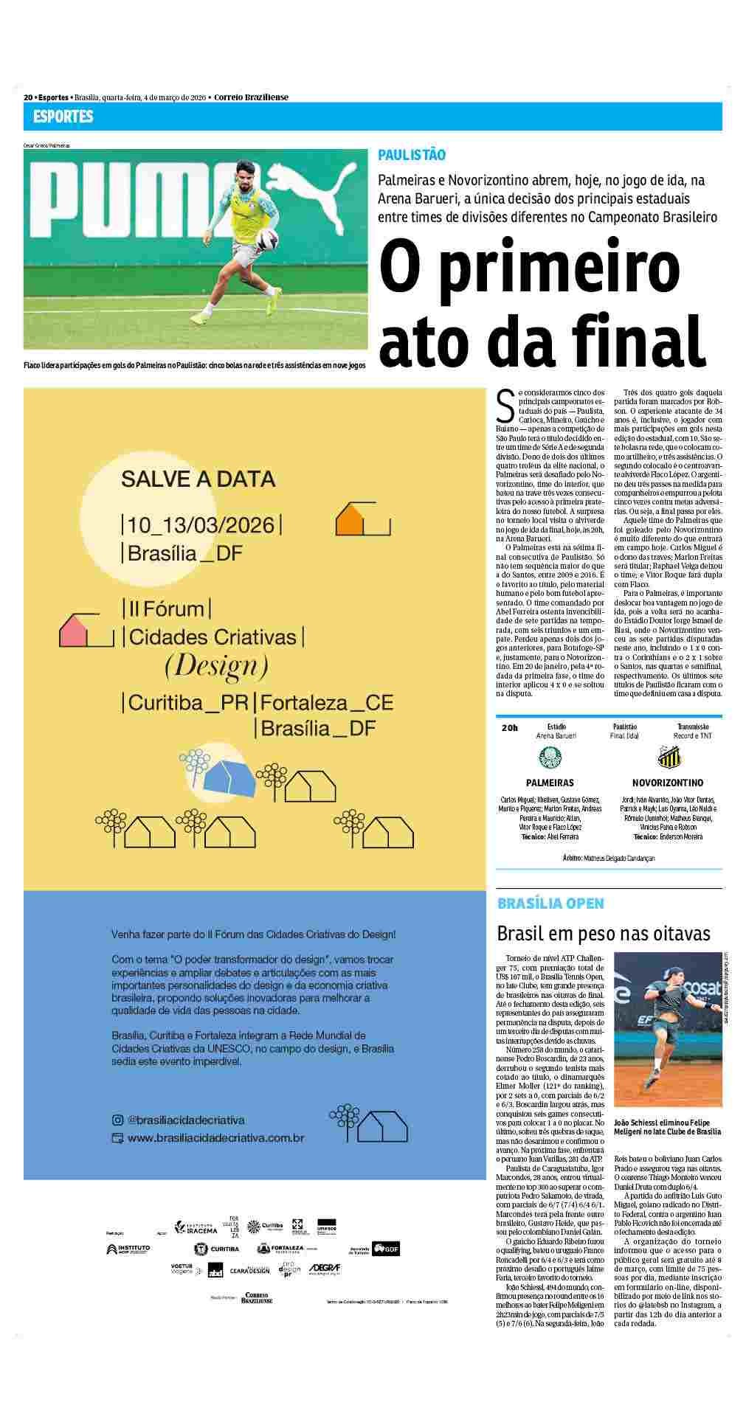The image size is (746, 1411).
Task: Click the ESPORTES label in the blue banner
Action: [x=63, y=117]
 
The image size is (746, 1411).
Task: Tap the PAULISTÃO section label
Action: [x=412, y=155]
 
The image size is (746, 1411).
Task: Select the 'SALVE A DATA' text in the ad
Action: [x=198, y=479]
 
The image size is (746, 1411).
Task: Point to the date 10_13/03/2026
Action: [x=201, y=525]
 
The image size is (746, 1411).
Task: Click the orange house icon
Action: [x=351, y=520]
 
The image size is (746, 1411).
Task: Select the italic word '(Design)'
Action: [x=215, y=666]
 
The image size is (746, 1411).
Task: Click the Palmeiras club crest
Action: [x=550, y=757]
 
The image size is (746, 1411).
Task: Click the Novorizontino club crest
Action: [x=668, y=757]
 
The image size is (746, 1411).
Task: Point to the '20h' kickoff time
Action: [x=509, y=727]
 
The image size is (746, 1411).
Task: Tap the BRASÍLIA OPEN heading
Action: [x=550, y=904]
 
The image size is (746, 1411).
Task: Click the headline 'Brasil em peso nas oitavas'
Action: [x=603, y=933]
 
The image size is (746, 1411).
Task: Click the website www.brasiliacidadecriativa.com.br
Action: [x=215, y=1137]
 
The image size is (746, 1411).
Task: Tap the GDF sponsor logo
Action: [x=385, y=1249]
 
